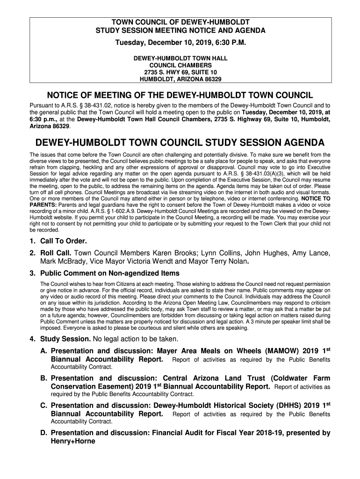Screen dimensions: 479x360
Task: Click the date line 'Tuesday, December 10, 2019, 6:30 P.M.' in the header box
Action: pyautogui.click(x=180, y=43)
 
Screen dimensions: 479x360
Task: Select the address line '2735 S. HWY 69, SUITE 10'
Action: pyautogui.click(x=180, y=73)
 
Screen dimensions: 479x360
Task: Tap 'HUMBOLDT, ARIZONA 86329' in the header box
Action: pyautogui.click(x=180, y=80)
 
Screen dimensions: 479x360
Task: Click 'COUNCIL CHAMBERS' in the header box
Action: pyautogui.click(x=180, y=65)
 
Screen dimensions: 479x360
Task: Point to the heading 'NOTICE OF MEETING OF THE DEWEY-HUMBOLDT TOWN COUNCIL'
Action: pyautogui.click(x=180, y=93)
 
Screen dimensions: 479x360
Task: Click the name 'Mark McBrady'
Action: pyautogui.click(x=61, y=261)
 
